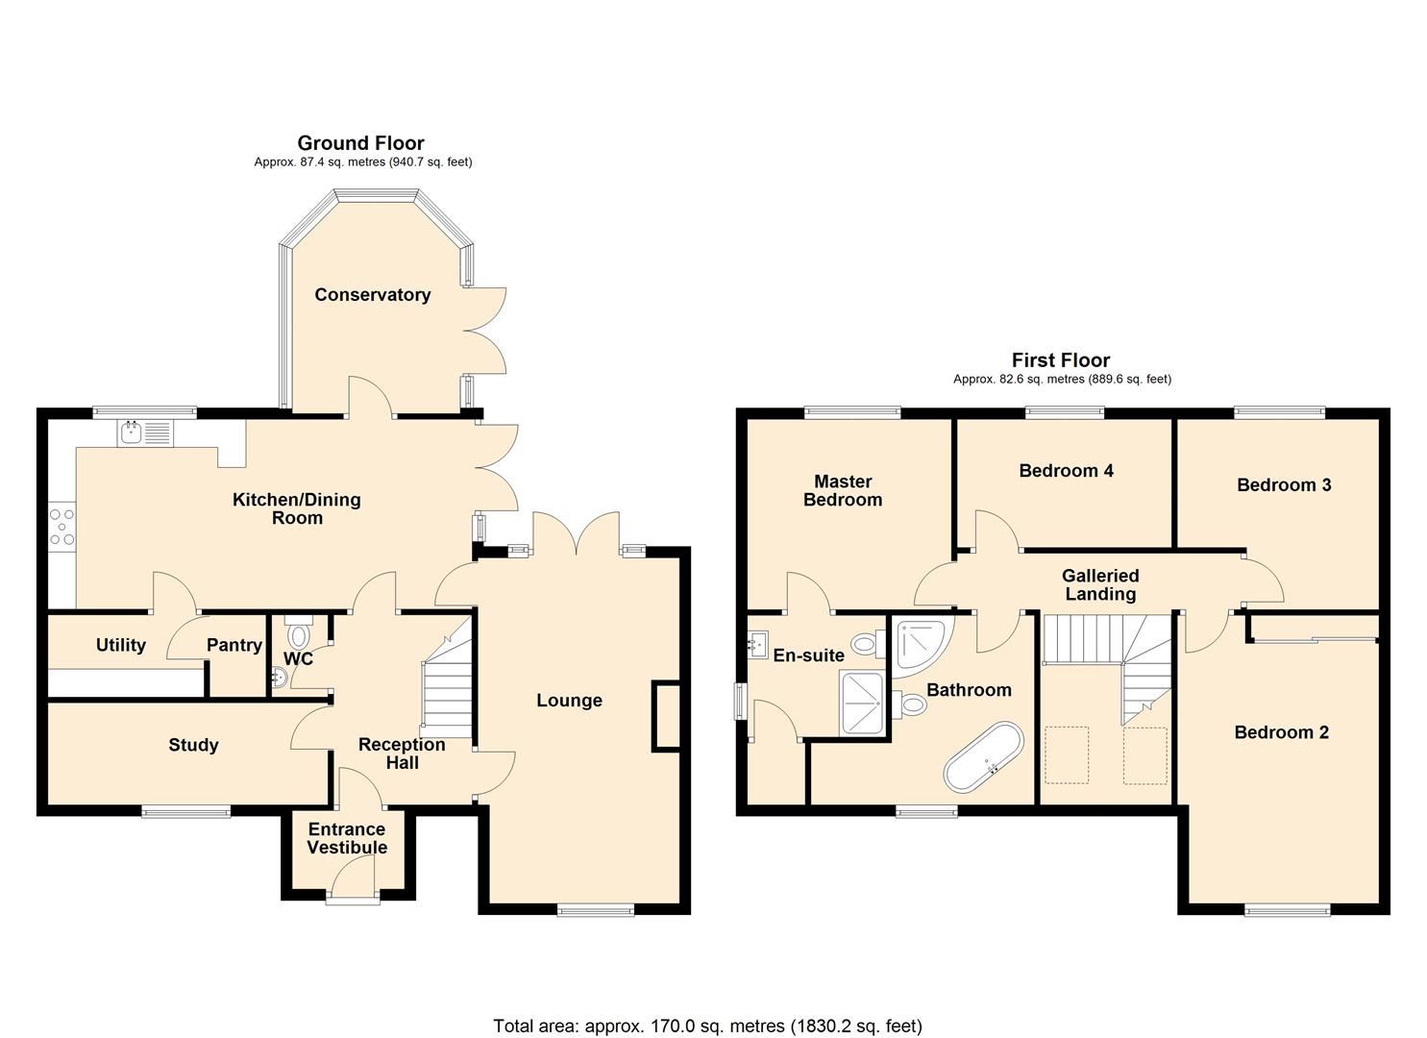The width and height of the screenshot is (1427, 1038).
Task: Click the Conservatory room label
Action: pyautogui.click(x=372, y=295)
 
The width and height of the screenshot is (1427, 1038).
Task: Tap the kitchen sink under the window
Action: pyautogui.click(x=144, y=433)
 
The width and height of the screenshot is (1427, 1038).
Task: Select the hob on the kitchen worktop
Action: pyautogui.click(x=62, y=527)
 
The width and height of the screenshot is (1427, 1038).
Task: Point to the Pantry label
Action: pyautogui.click(x=234, y=645)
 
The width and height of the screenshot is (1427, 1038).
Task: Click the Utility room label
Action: pyautogui.click(x=121, y=645)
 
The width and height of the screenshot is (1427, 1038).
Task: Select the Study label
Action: pyautogui.click(x=193, y=745)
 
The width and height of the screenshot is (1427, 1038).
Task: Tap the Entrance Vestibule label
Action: pyautogui.click(x=347, y=838)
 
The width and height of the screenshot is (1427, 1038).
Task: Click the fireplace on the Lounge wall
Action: pyautogui.click(x=665, y=715)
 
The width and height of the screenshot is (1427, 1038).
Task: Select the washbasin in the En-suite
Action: pyautogui.click(x=757, y=644)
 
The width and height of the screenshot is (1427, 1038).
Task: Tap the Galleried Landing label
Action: pyautogui.click(x=1100, y=584)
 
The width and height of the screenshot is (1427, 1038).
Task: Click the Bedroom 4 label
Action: pyautogui.click(x=1066, y=470)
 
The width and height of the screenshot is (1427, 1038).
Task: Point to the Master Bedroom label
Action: pyautogui.click(x=843, y=490)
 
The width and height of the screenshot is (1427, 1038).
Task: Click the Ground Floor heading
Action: pyautogui.click(x=360, y=143)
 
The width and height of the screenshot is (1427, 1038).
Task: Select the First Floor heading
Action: pyautogui.click(x=1061, y=360)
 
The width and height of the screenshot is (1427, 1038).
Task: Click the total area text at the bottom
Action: pyautogui.click(x=707, y=1026)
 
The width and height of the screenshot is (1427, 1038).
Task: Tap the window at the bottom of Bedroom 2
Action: pyautogui.click(x=1288, y=909)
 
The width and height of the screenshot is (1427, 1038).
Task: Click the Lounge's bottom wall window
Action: pyautogui.click(x=596, y=909)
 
